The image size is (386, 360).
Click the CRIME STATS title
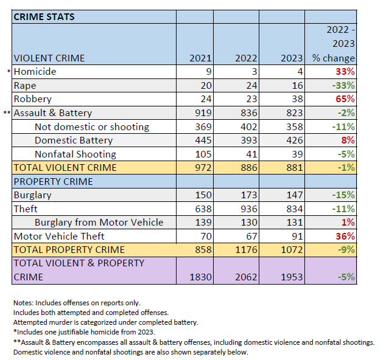click(x=44, y=16)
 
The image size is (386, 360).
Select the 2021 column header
click(x=201, y=58)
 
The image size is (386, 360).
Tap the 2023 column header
click(x=290, y=58)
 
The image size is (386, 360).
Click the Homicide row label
click(x=35, y=72)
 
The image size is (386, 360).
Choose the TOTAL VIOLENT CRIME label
click(x=65, y=168)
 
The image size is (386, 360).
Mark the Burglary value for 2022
click(x=247, y=195)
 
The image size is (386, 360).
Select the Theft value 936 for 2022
click(x=247, y=209)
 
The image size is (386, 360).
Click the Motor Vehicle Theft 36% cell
click(x=344, y=236)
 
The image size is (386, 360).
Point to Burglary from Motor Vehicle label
click(x=99, y=223)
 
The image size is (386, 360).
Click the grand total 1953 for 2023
click(x=290, y=277)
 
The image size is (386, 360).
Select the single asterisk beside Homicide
click(x=9, y=72)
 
